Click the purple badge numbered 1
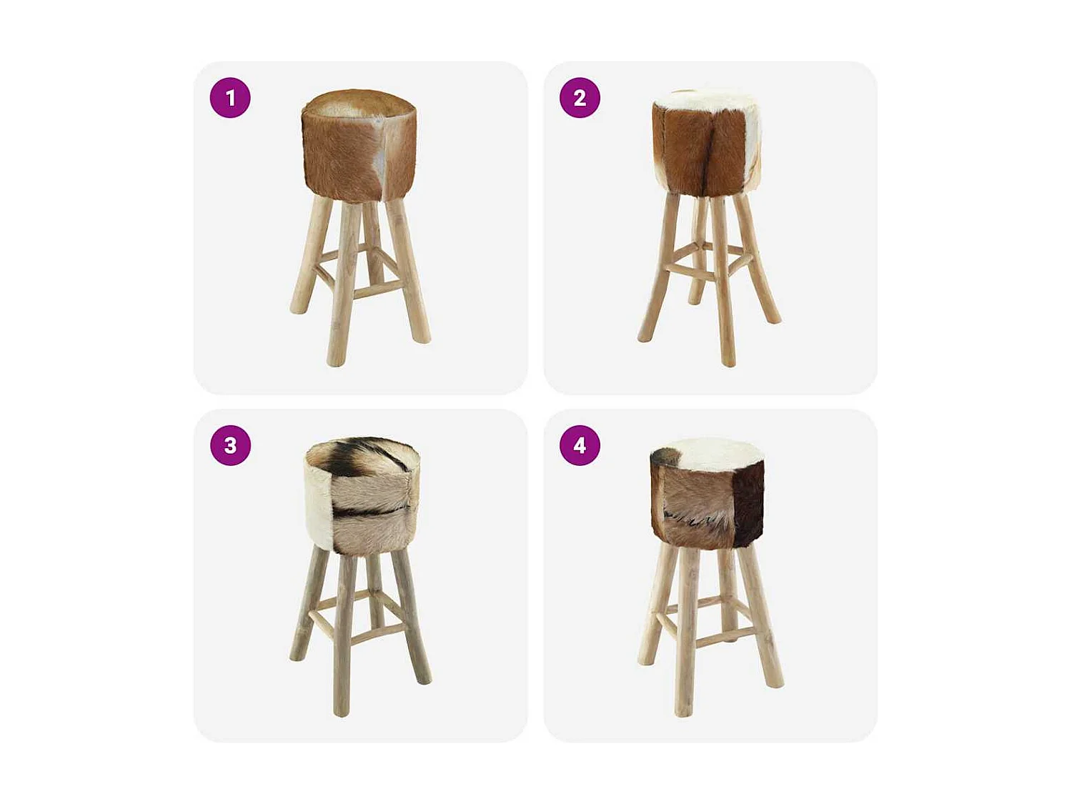point(230,98)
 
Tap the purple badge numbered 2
point(580,98)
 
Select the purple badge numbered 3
point(230,445)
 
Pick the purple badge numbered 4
point(580,445)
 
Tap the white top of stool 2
point(704,100)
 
